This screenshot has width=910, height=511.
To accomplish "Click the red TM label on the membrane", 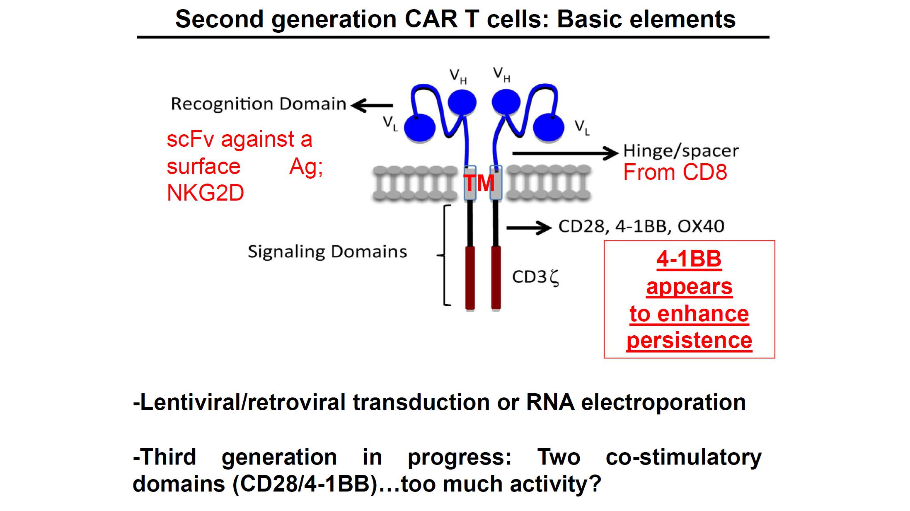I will [479, 183].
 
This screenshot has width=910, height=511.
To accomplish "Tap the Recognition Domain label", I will [259, 104].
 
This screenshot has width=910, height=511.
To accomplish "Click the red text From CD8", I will [675, 172].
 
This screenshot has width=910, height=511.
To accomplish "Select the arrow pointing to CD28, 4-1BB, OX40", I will [529, 228].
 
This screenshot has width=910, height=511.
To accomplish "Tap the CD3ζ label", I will [535, 277].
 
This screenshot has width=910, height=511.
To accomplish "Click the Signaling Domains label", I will [327, 252].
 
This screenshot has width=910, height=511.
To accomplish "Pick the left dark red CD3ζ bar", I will [470, 278].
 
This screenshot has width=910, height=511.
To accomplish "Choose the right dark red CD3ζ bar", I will [496, 278].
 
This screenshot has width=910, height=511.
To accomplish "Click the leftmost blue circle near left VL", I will [419, 127].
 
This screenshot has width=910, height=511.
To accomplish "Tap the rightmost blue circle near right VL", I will [549, 126].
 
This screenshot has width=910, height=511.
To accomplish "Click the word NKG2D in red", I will [206, 193].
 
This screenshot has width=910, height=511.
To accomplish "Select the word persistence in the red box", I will [689, 341].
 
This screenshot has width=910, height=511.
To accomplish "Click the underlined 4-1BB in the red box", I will [689, 259].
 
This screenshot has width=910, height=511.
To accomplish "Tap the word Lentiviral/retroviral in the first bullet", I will [239, 402].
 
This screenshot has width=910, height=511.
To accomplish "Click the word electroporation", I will [663, 402].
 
